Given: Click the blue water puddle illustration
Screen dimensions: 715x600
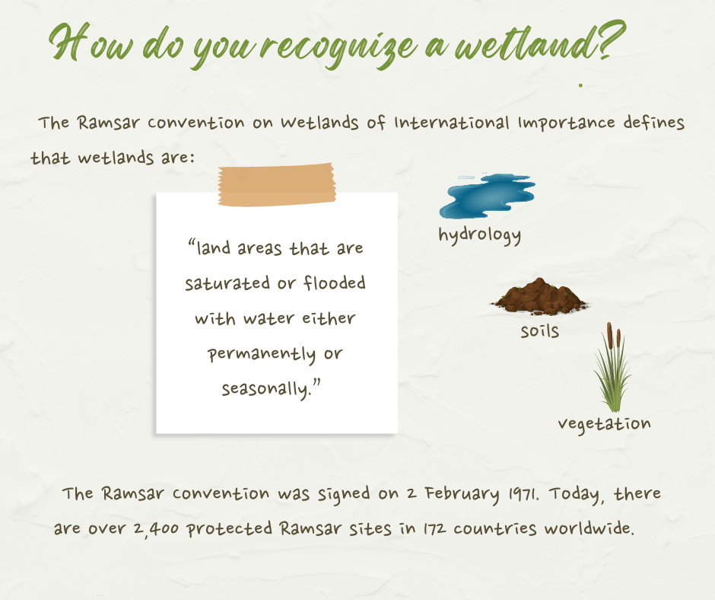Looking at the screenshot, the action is pos(487,196).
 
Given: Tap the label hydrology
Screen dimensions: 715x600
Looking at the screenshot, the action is pos(479,235).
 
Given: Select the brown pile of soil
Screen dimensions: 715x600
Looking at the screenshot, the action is pos(539,296).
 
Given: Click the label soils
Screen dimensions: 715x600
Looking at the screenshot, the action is pos(540,331).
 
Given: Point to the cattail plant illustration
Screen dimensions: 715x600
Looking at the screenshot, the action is pos(612,368).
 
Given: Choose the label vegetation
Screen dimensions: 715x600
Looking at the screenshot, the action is pos(604,424).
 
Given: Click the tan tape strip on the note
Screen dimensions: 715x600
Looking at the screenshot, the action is pos(277,184).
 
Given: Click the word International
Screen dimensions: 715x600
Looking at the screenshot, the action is pos(451,123).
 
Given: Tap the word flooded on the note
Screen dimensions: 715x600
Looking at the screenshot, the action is pos(334,282).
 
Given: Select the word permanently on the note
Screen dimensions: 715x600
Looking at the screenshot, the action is pos(262,355).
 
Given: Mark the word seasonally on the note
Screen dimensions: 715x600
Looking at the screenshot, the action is pos(266,390).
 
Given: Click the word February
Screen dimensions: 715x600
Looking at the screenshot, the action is pos(462,495).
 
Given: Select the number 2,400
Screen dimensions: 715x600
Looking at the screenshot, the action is pos(158,529).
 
